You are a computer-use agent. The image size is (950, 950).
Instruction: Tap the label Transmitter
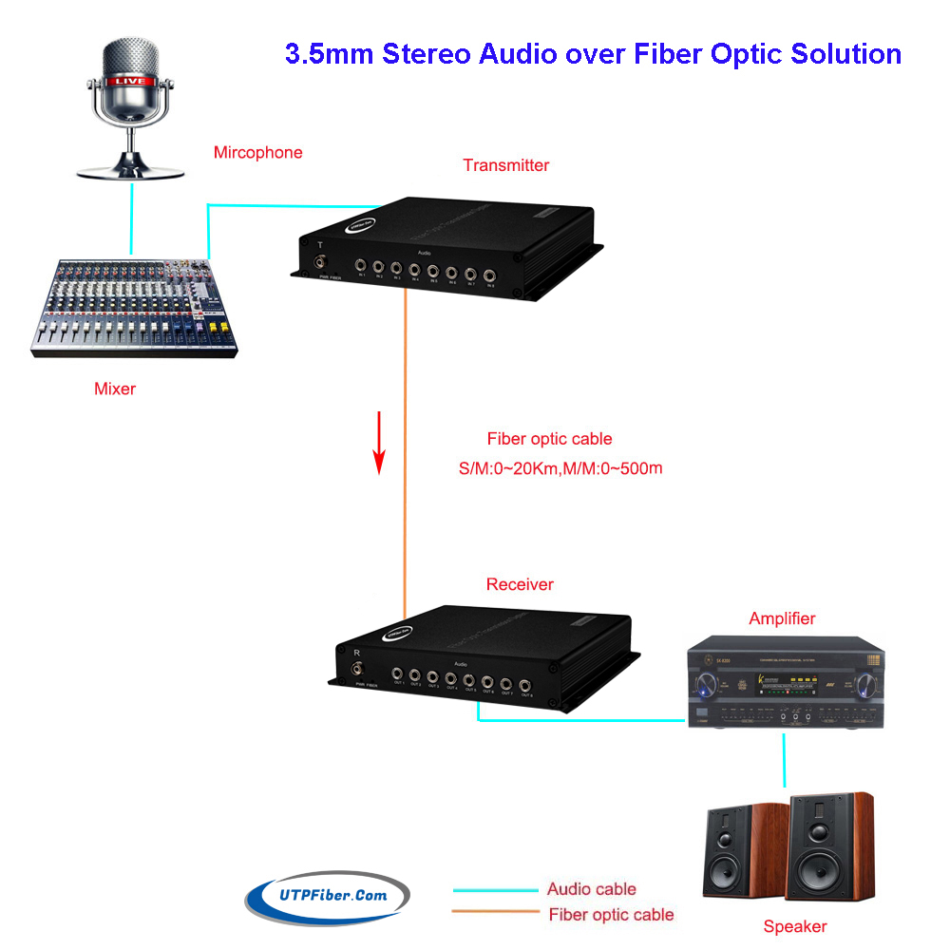coord(505,165)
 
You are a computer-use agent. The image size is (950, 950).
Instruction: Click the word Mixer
coord(115,388)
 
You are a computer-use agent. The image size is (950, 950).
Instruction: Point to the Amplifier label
coord(782,618)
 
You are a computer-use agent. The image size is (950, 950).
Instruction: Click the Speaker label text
coord(795,926)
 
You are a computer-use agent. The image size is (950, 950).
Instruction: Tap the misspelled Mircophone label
coord(257,152)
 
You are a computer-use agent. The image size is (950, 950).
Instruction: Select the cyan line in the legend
coord(494,890)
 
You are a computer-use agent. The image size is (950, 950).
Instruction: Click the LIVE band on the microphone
coord(131,82)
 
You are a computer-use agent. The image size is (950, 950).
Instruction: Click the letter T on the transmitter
coord(320,245)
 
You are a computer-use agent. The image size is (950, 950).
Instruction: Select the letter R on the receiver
coord(356,653)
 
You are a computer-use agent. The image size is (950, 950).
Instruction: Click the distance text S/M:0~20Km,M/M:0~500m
coord(560,468)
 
